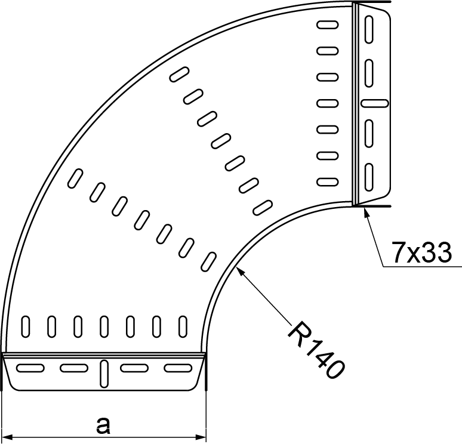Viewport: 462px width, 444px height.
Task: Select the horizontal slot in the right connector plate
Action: [375, 103]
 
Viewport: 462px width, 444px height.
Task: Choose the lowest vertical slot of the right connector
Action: [369, 175]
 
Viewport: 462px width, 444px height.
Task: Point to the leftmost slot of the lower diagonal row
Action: [76, 177]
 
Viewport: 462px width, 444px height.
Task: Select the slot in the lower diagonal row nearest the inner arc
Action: [209, 260]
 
